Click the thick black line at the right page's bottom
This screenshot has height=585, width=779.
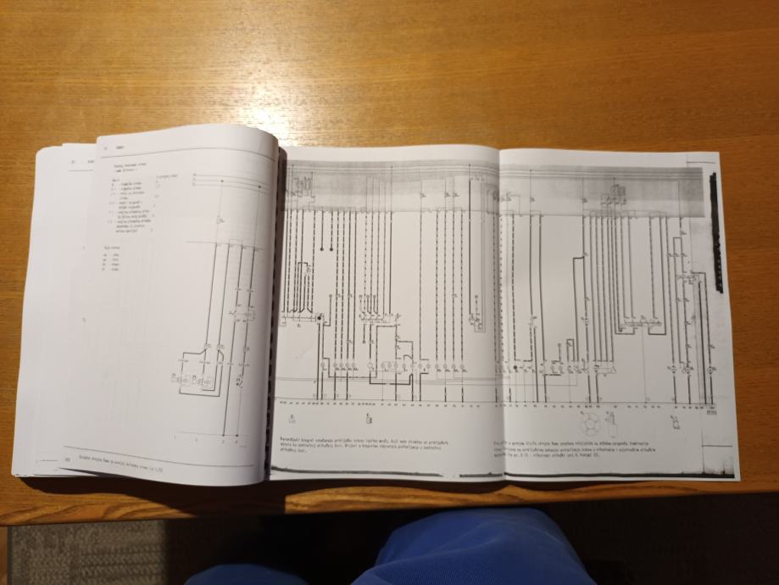click(x=610, y=476)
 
